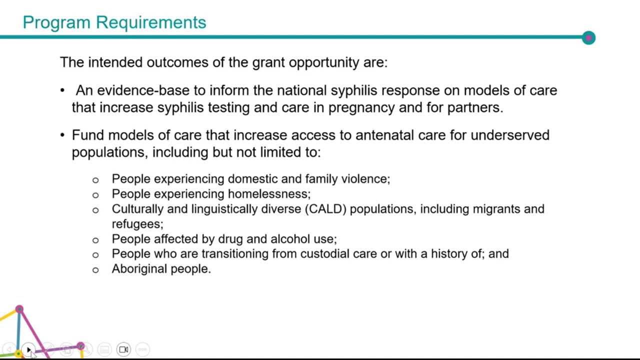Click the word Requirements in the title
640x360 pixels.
coord(151,22)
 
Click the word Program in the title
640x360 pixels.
coord(56,23)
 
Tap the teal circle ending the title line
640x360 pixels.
coord(588,37)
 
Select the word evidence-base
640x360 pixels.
coord(143,90)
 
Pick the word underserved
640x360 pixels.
coord(510,135)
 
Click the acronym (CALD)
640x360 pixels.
coord(325,209)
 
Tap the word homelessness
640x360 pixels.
coord(269,194)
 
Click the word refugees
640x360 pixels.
coord(137,224)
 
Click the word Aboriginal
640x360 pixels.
coord(139,269)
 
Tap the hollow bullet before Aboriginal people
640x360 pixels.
coord(95,270)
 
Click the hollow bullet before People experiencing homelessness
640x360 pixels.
coord(95,195)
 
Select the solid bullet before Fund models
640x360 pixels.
coord(62,135)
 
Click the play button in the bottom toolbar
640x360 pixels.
coord(28,349)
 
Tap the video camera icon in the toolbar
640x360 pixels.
coord(123,349)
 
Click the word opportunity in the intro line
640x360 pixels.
coord(324,62)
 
